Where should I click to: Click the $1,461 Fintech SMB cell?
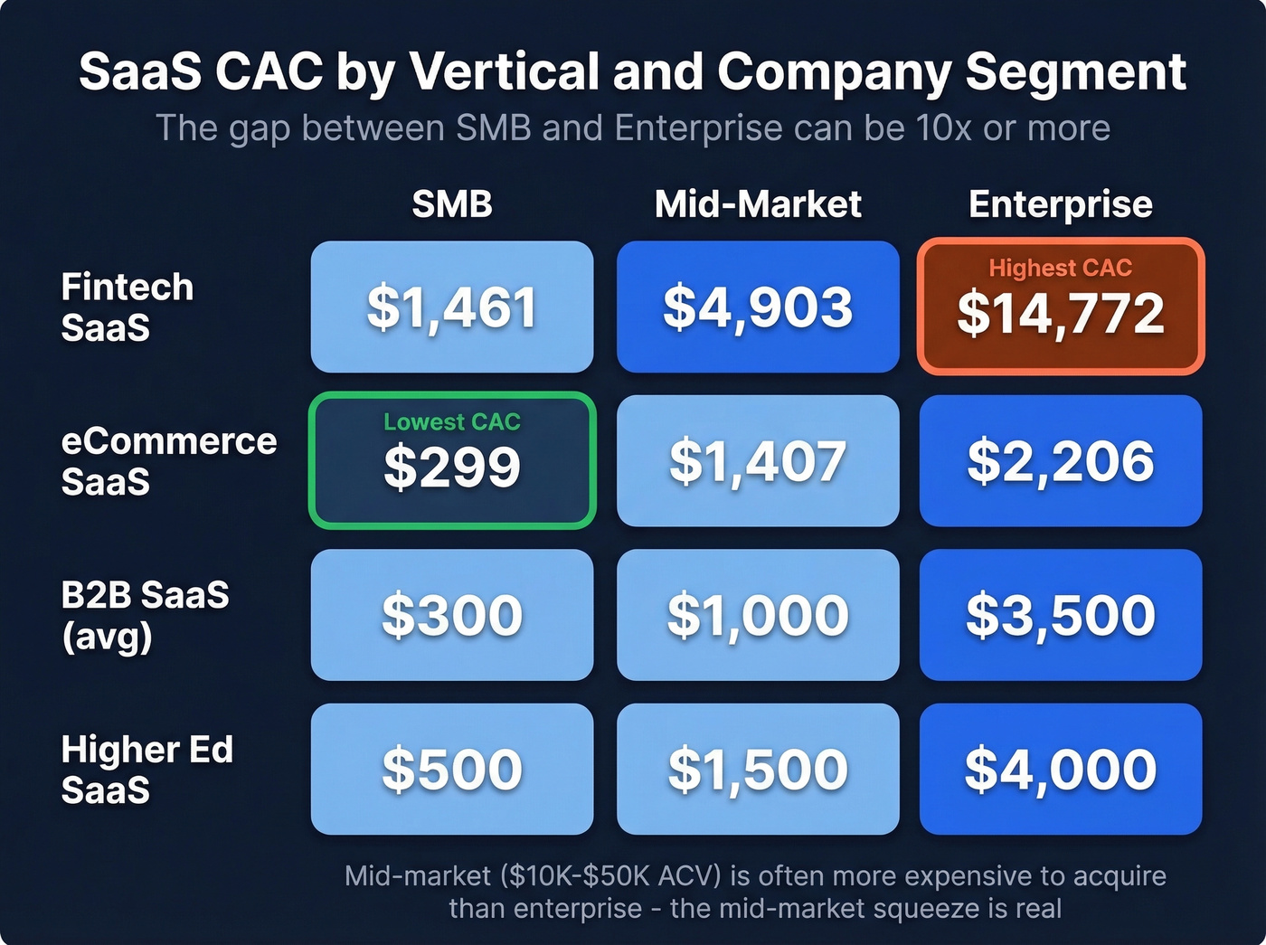coord(451,307)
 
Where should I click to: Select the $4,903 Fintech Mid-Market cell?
coord(758,307)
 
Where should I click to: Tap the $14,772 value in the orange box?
coord(1061,314)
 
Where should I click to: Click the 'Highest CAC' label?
coord(1060,268)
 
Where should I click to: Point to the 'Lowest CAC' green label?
coord(451,421)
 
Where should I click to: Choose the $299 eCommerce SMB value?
coord(451,468)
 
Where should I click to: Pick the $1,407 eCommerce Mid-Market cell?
coord(758,461)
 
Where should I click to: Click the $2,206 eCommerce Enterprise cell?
coord(1061,461)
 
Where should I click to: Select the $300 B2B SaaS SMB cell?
coord(451,615)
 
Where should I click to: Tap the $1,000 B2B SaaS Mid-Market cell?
coord(758,615)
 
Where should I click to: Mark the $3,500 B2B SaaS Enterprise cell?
coord(1061,615)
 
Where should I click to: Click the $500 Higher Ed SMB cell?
coord(451,770)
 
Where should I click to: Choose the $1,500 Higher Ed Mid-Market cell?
coord(758,770)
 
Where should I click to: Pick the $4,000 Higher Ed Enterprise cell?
coord(1061,770)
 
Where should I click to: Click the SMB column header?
coord(451,204)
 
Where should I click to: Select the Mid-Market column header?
coord(758,204)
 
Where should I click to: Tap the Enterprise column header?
coord(1061,204)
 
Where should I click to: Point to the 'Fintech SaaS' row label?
coord(127,307)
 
